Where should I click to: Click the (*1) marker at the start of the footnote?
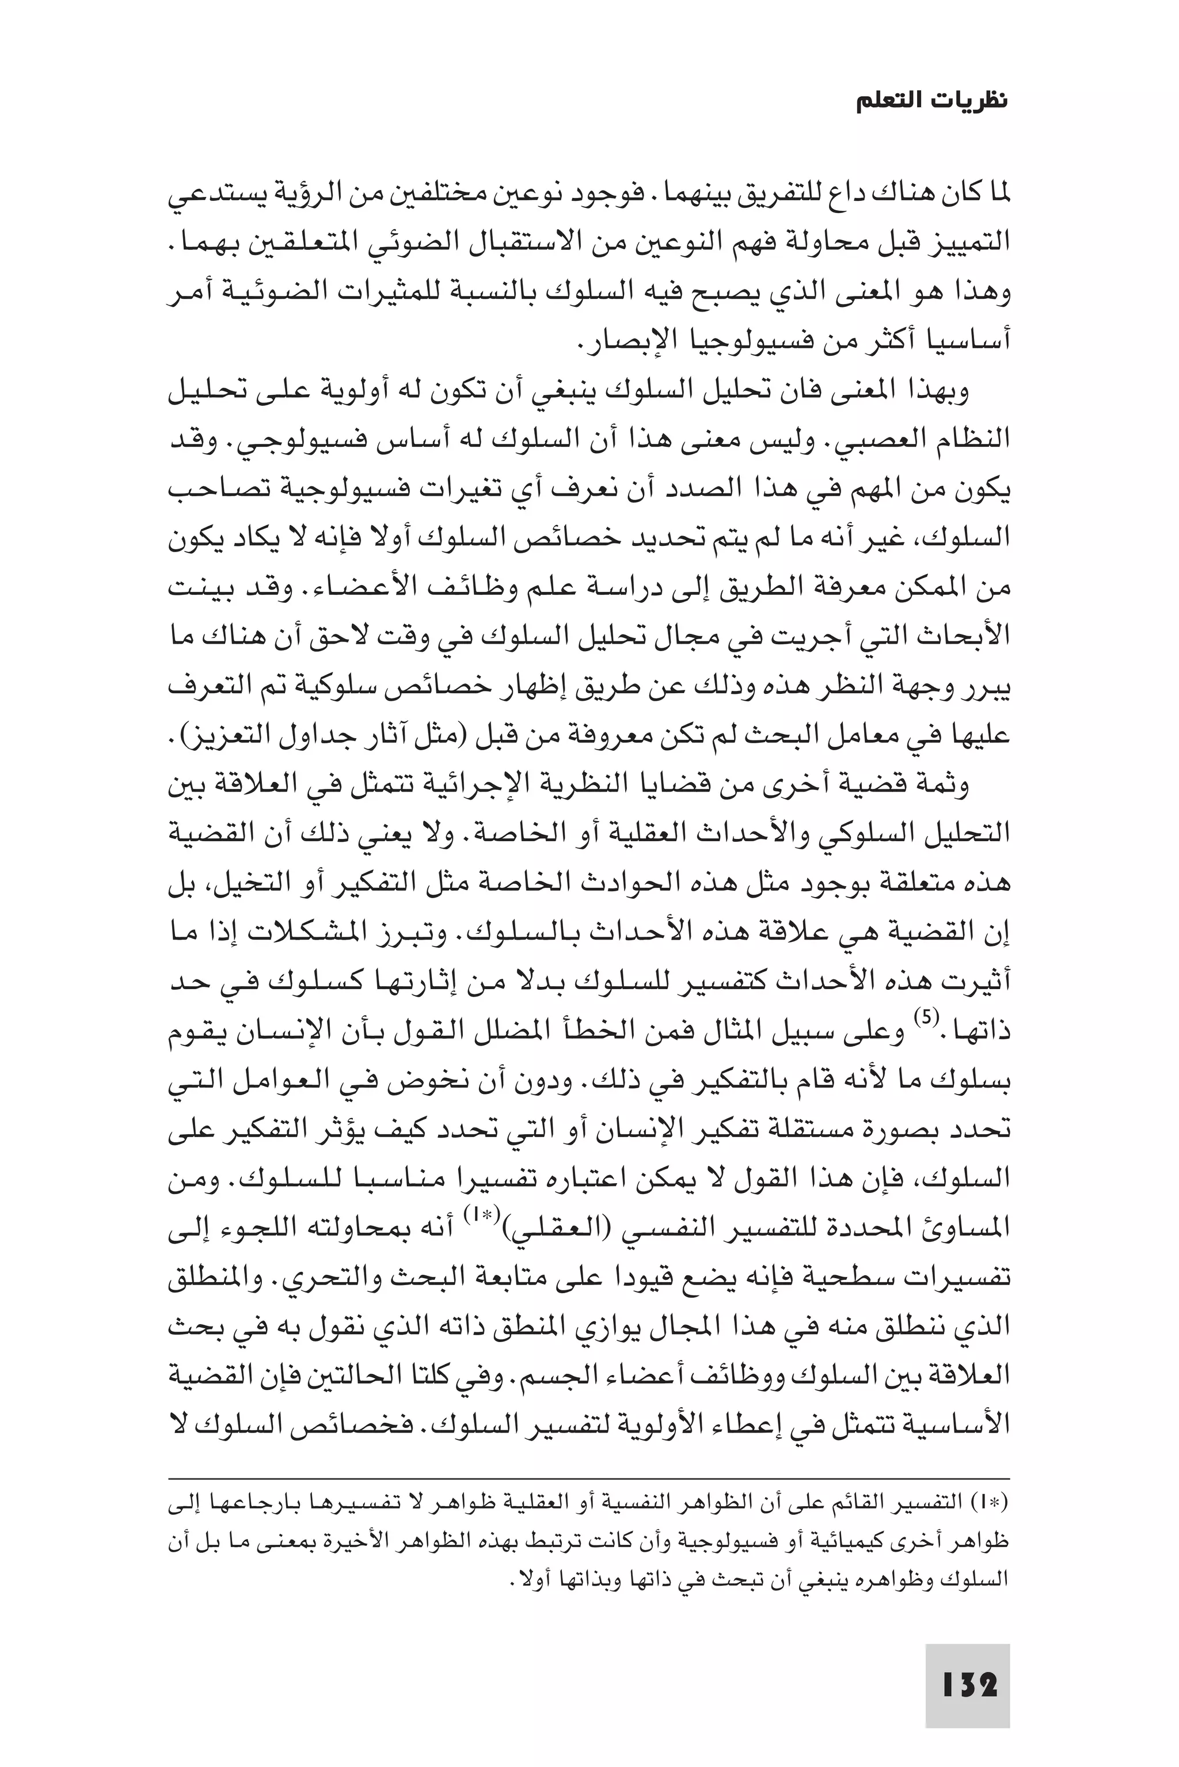pyautogui.click(x=995, y=1503)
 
